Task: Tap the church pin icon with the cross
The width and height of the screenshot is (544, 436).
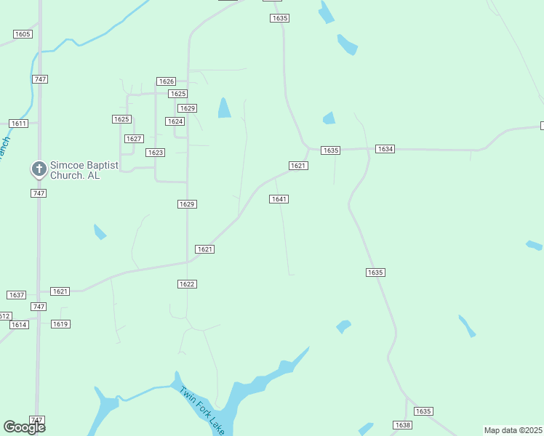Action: (x=39, y=169)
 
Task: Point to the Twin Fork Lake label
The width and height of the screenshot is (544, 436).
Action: (x=202, y=410)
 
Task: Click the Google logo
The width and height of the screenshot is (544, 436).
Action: (x=24, y=427)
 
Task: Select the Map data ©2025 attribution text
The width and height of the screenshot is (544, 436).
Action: (x=513, y=430)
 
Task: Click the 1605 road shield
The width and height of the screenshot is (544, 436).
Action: (x=23, y=34)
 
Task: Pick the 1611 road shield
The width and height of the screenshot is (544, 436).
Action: (x=18, y=124)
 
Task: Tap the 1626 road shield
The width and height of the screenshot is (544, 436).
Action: (x=167, y=81)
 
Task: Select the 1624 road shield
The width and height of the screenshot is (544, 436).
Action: (x=175, y=121)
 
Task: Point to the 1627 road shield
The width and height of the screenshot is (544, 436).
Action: (x=133, y=138)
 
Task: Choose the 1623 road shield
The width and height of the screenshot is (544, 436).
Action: (x=155, y=153)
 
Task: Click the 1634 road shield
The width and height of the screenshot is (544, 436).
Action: (x=385, y=149)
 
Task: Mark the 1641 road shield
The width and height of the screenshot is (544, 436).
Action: (x=279, y=199)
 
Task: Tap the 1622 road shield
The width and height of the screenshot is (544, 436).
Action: (x=187, y=284)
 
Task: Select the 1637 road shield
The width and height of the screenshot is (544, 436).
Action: (x=16, y=295)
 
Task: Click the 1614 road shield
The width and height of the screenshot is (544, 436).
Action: (x=19, y=324)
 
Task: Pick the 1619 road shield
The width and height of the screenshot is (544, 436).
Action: (x=60, y=324)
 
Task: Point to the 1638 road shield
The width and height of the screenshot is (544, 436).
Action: (x=402, y=425)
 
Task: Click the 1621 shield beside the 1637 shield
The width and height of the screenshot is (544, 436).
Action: (x=60, y=291)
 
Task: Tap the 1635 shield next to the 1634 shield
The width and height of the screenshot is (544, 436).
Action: (x=331, y=150)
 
